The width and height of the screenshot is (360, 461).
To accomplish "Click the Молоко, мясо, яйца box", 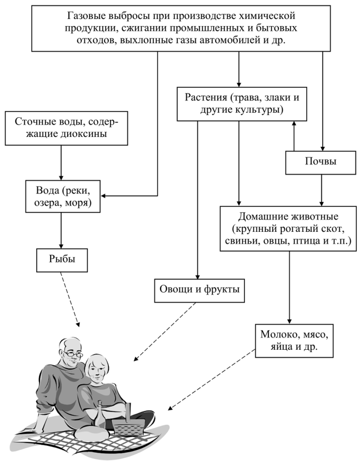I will pos(294,340).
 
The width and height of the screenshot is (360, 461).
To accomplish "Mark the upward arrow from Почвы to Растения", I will pos(294,136).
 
